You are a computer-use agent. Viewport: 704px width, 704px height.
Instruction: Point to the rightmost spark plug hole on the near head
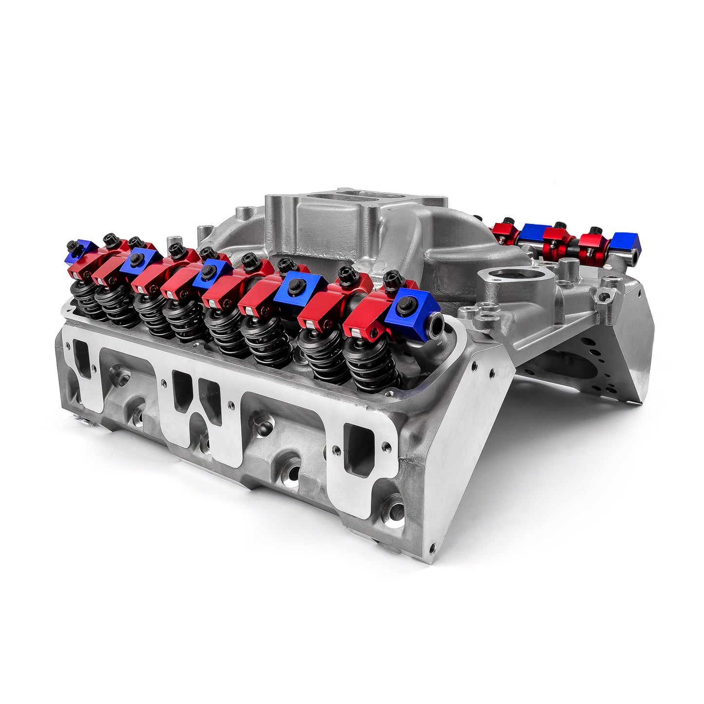393,512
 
